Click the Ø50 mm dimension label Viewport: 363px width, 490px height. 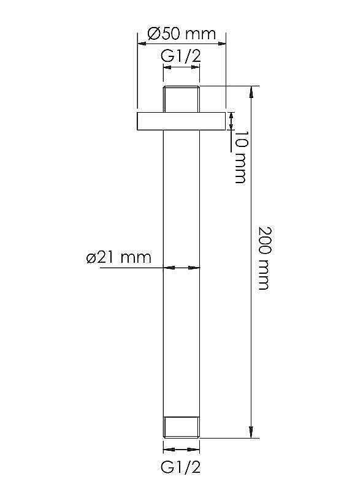182,34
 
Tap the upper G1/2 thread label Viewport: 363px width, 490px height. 181,56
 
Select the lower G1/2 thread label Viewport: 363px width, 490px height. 180,467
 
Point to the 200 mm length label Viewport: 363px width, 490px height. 264,258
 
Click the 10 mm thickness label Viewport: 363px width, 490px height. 240,157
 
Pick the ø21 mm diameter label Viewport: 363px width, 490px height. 119,257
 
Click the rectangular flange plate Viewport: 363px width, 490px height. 181,121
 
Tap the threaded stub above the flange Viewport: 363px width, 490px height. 181,99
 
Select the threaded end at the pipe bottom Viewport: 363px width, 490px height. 181,427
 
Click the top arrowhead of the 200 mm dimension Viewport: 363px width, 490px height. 251,92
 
